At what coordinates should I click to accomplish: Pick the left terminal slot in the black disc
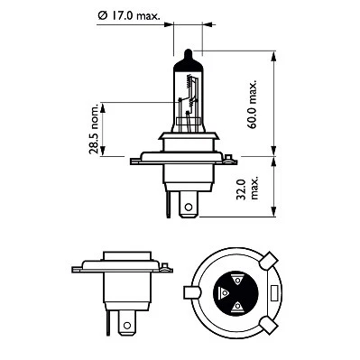[223, 292]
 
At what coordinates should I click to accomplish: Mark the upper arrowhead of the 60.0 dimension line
[273, 57]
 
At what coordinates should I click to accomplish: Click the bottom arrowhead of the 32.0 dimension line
[273, 217]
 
